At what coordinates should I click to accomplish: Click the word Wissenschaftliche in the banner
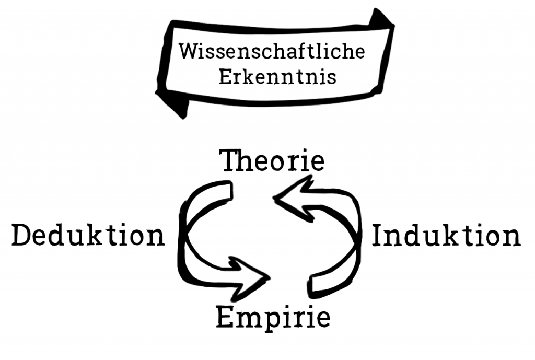(271, 52)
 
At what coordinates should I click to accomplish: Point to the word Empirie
(273, 317)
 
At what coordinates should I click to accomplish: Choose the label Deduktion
(88, 236)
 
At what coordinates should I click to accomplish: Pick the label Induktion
(446, 236)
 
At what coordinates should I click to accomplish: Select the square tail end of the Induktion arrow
(318, 285)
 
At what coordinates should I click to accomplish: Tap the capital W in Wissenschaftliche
(187, 52)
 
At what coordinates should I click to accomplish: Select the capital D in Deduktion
(24, 236)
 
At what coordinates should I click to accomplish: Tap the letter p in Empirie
(267, 319)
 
